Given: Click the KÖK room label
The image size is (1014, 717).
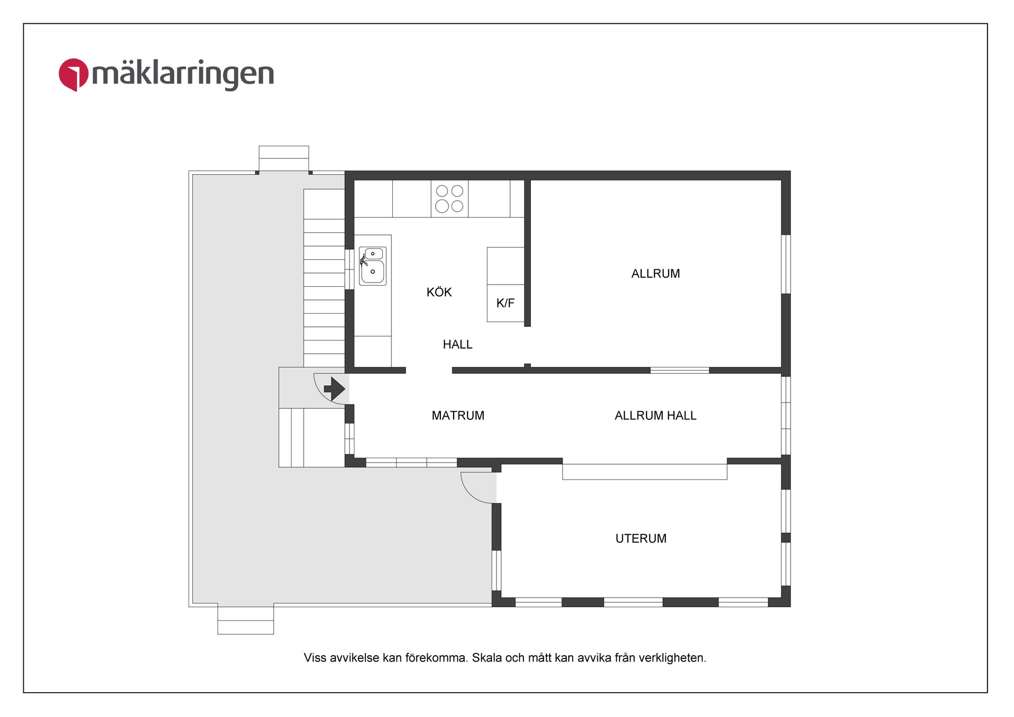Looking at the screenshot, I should (x=439, y=293).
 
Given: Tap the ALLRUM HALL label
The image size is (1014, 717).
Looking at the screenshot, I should (x=655, y=416).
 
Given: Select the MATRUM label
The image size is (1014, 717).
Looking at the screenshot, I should (x=458, y=416).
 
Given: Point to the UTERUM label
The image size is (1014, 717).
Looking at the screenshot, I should (x=641, y=539).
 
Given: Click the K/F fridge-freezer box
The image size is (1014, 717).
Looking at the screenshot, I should (x=505, y=303).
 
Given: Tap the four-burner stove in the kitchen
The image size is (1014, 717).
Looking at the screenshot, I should (x=449, y=199).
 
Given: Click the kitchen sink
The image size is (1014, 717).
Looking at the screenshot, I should (x=372, y=266).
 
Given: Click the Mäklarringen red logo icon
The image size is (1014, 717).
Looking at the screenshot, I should (x=73, y=74).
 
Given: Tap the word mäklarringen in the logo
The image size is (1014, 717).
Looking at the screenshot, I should (x=183, y=75).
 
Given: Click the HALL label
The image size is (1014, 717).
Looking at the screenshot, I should (x=457, y=345).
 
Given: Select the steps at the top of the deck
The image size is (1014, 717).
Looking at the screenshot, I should (x=284, y=158).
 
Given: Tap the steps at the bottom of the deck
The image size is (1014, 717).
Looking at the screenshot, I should (x=246, y=620).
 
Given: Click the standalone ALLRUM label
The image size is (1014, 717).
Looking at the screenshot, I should (x=655, y=273).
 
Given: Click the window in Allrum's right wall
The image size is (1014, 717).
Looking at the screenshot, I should (x=786, y=264).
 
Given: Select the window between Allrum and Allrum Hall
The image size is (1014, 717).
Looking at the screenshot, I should (x=679, y=371).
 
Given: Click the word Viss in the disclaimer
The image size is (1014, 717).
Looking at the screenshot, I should (x=315, y=658).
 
